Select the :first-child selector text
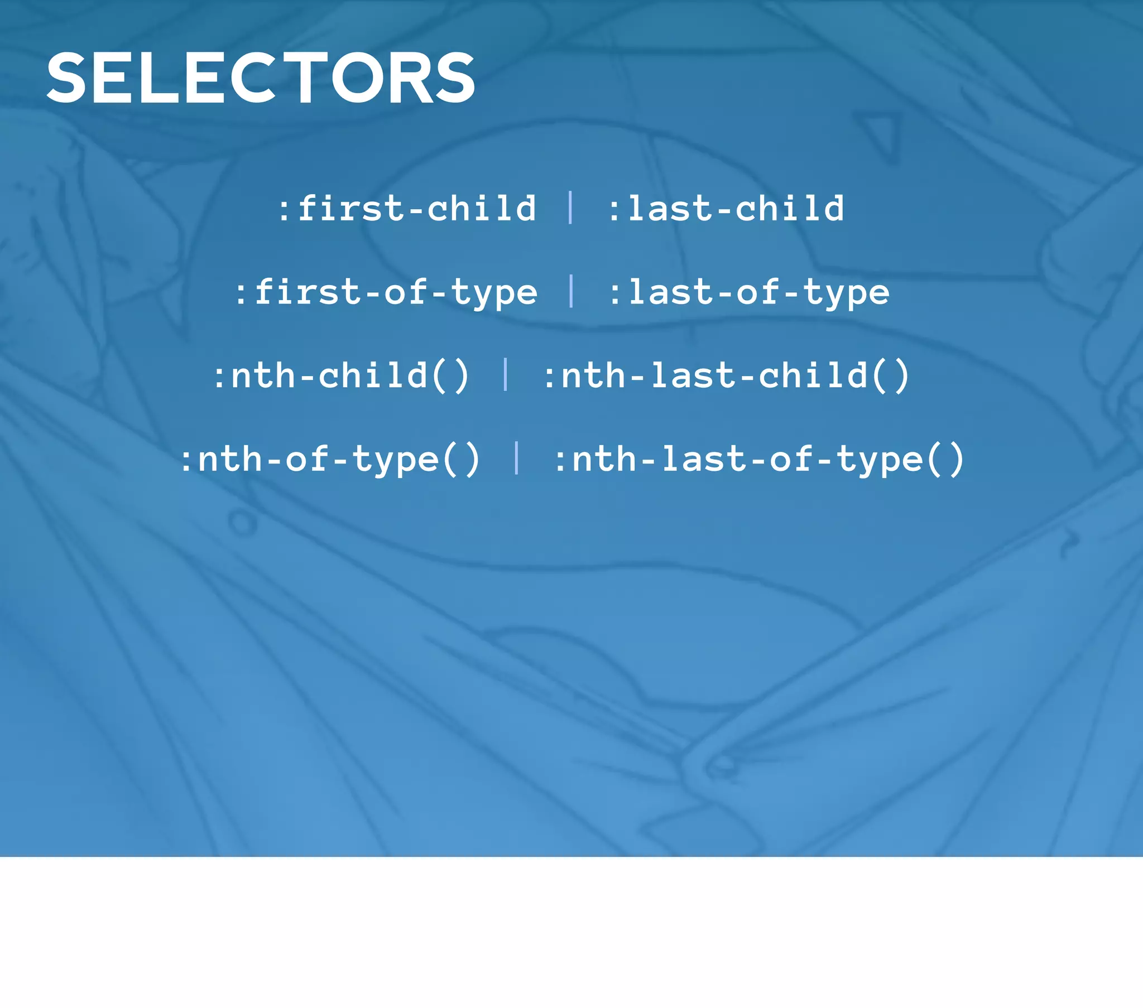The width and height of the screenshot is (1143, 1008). [x=407, y=209]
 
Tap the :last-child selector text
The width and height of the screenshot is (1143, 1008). [x=726, y=209]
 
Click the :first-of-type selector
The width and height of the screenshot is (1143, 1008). [x=386, y=292]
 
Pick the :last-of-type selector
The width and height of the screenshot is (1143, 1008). [x=749, y=292]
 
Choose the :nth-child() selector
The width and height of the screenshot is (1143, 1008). [x=341, y=375]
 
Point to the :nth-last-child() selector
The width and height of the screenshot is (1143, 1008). [x=727, y=375]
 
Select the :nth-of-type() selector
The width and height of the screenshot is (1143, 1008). [x=330, y=459]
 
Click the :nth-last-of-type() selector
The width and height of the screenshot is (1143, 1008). [x=759, y=459]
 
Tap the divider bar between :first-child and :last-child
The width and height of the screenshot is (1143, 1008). [x=570, y=208]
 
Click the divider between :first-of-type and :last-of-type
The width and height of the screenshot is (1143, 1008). [x=571, y=291]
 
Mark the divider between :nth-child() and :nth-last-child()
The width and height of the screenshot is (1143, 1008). [x=506, y=374]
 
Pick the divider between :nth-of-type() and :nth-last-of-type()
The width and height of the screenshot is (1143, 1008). [x=516, y=458]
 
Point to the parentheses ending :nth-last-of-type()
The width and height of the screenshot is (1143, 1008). [x=945, y=459]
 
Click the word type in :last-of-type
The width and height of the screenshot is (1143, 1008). [x=847, y=293]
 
